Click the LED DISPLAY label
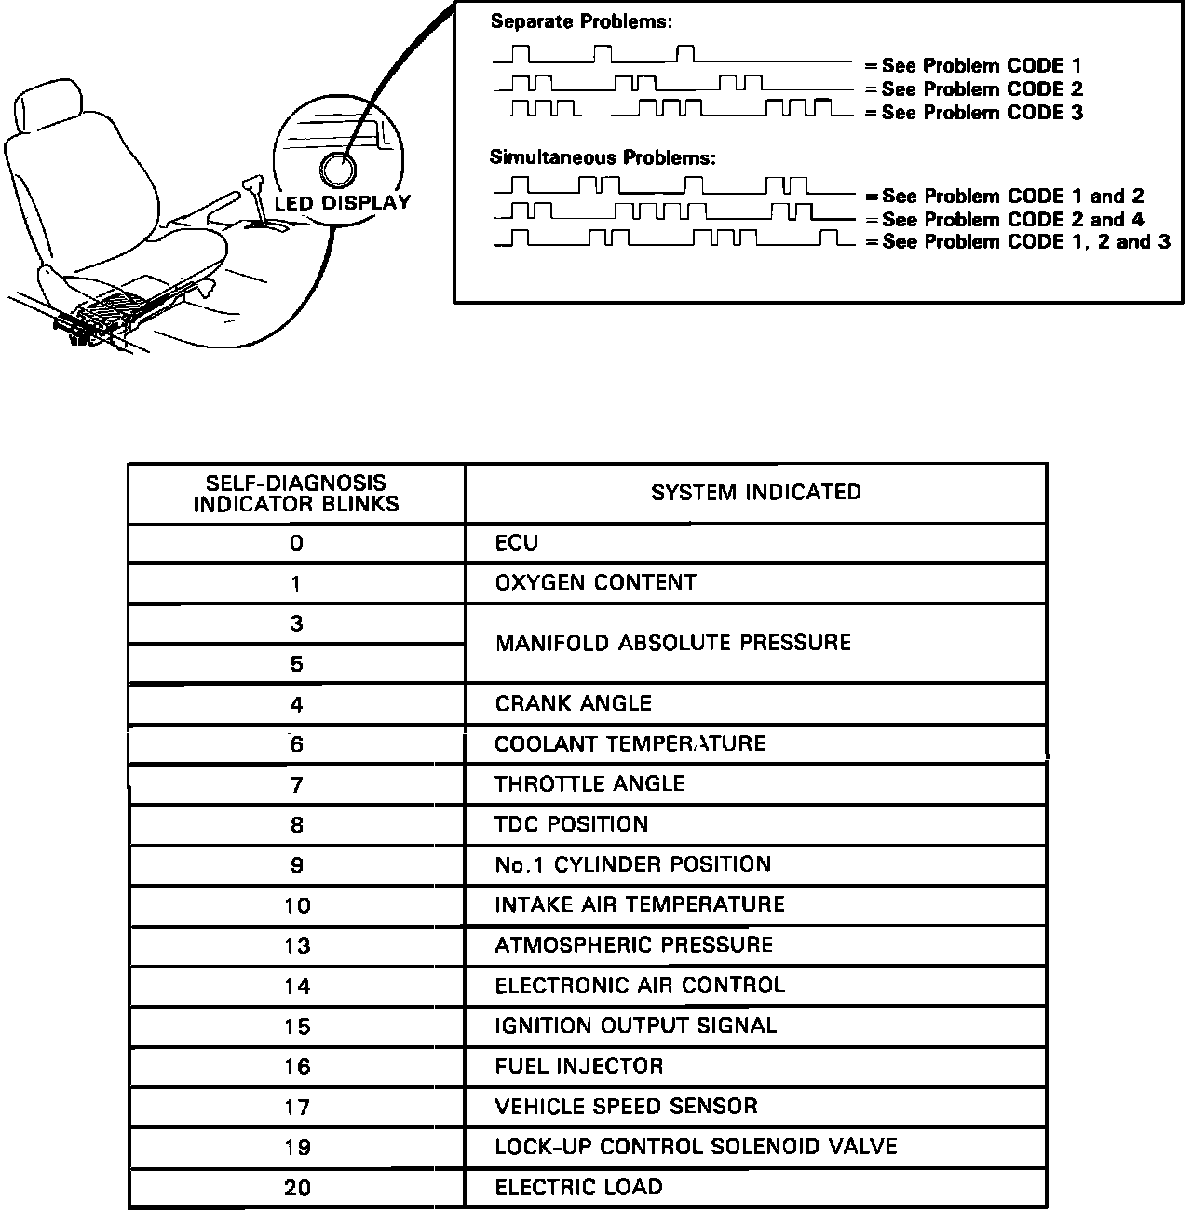click(342, 203)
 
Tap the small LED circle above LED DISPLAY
click(337, 171)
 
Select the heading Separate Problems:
click(581, 21)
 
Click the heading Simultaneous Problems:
click(603, 157)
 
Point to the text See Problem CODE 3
click(982, 113)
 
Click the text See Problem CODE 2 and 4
click(1012, 219)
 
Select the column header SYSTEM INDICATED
click(755, 492)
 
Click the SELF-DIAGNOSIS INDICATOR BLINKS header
click(296, 494)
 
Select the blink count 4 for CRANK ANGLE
click(296, 705)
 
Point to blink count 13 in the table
click(297, 946)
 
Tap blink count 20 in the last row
click(297, 1188)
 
